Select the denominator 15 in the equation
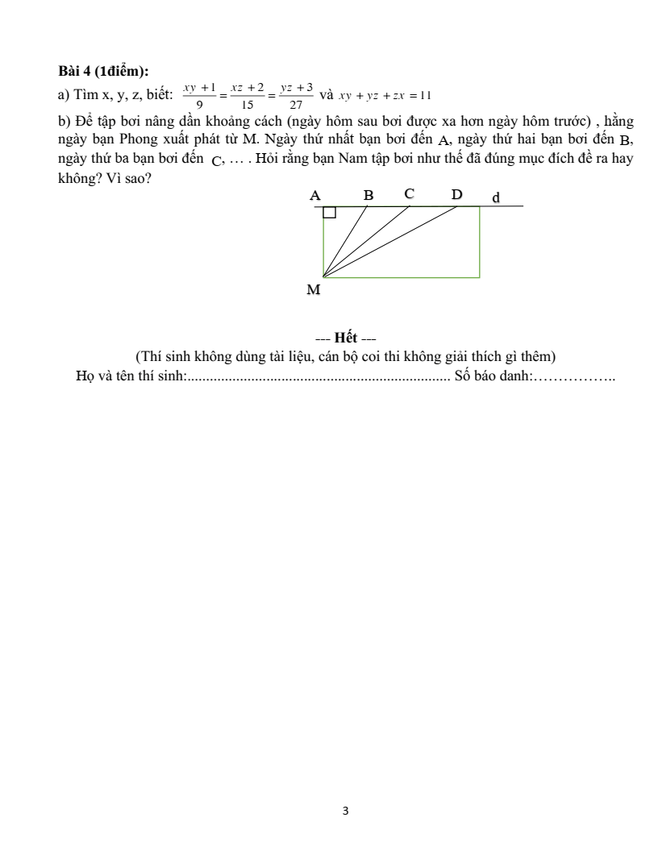pos(248,104)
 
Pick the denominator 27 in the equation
pos(296,104)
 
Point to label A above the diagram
pos(315,195)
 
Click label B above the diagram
pos(369,195)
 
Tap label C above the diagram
pos(410,193)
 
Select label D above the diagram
pos(457,194)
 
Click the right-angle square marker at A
pos(329,212)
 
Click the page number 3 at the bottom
pos(345,811)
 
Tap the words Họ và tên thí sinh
pos(131,376)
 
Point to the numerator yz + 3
pos(296,87)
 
